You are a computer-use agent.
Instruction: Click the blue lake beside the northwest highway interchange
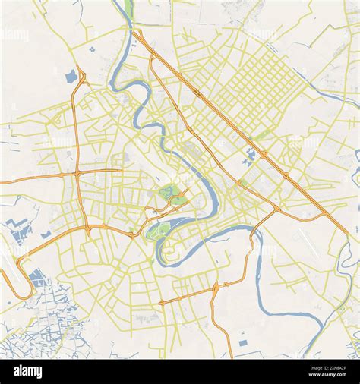[71, 77]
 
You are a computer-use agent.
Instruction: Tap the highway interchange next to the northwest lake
[81, 79]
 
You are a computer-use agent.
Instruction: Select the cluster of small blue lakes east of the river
[250, 157]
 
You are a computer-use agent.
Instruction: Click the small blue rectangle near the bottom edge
[242, 343]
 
